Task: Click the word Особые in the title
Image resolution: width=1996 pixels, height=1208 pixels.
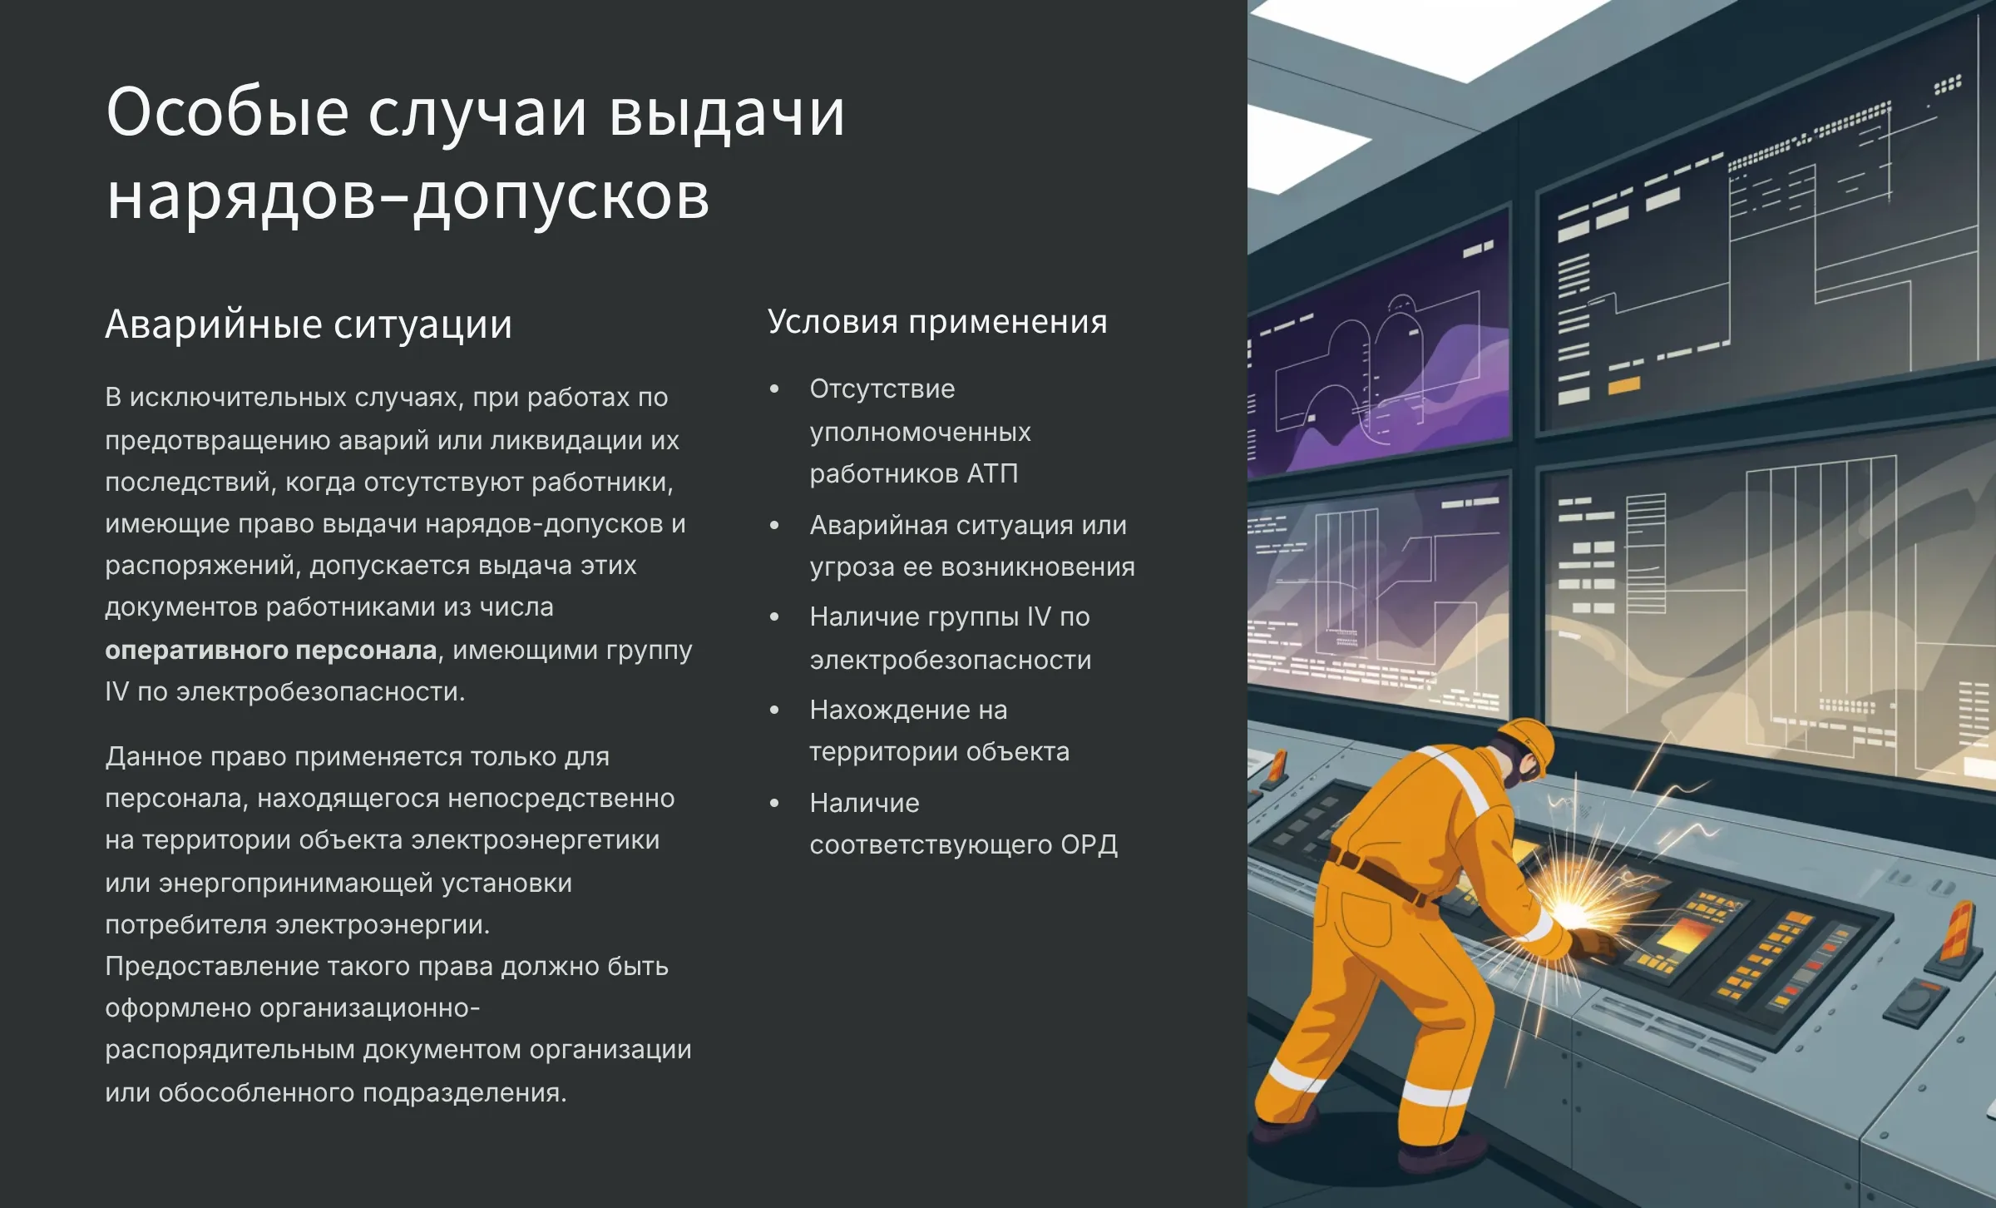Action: (x=227, y=112)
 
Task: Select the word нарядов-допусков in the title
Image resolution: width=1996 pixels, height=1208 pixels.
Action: (x=408, y=197)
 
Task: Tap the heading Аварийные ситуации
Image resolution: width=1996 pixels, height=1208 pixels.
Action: (x=309, y=324)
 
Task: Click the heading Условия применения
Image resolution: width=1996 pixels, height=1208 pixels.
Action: (x=937, y=322)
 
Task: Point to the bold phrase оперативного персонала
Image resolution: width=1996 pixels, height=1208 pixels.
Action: (x=271, y=650)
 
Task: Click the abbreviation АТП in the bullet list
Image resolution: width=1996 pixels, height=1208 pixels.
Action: (x=992, y=473)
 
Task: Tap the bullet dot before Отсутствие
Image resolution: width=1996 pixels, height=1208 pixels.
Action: (x=775, y=389)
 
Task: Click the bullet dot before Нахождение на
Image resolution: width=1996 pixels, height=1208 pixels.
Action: (x=775, y=710)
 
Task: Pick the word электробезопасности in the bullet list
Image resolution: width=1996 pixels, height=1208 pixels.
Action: (x=951, y=660)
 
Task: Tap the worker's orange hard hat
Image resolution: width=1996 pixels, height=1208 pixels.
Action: (x=1529, y=742)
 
